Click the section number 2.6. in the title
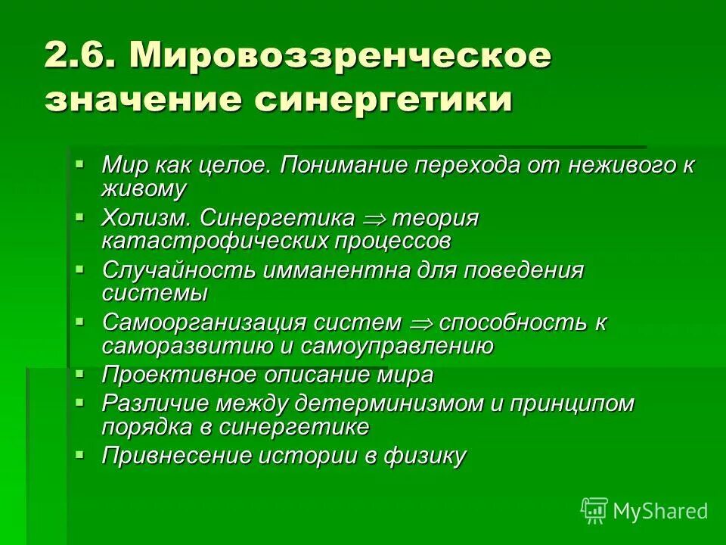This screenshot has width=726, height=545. (79, 57)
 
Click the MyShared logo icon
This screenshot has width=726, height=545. (594, 510)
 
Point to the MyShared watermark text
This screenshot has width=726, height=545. (660, 511)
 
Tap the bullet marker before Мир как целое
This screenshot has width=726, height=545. (79, 163)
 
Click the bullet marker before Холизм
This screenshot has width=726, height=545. (79, 216)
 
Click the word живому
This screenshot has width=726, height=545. (144, 189)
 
